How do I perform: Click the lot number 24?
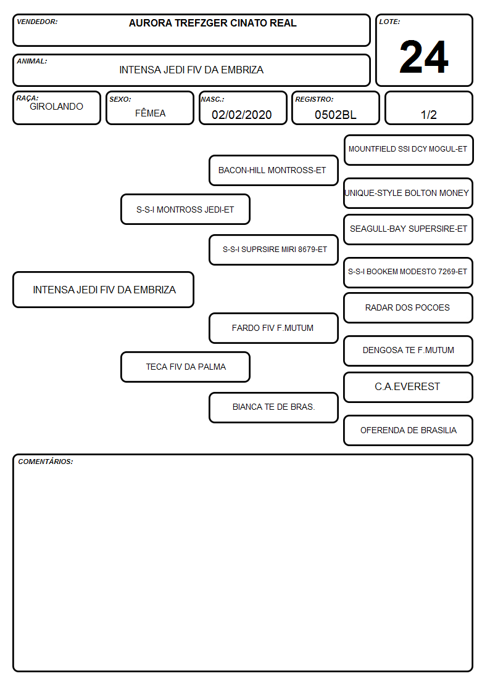coord(424,57)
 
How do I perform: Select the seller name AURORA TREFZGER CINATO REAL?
coord(212,23)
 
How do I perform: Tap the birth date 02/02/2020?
coord(242,115)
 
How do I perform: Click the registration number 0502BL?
coord(335,115)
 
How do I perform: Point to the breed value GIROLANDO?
coord(56,107)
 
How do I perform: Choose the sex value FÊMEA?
coord(150,113)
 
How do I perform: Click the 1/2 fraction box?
coord(428,108)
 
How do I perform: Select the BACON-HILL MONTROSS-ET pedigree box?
coord(273,170)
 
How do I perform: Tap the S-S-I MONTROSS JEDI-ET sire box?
coord(186,209)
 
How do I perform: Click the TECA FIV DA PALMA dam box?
coord(186,367)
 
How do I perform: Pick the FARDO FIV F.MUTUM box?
coord(273,328)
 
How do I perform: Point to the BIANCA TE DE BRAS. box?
coord(273,407)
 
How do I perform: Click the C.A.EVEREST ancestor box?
coord(409,387)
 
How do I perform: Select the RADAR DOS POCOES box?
coord(409,307)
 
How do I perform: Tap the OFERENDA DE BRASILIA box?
coord(409,430)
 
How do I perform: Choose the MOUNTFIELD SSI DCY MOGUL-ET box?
coord(409,150)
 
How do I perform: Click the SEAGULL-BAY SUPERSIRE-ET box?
coord(409,229)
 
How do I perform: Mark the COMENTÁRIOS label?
coord(46,462)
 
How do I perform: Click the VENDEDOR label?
coord(37,22)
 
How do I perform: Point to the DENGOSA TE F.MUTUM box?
coord(409,351)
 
